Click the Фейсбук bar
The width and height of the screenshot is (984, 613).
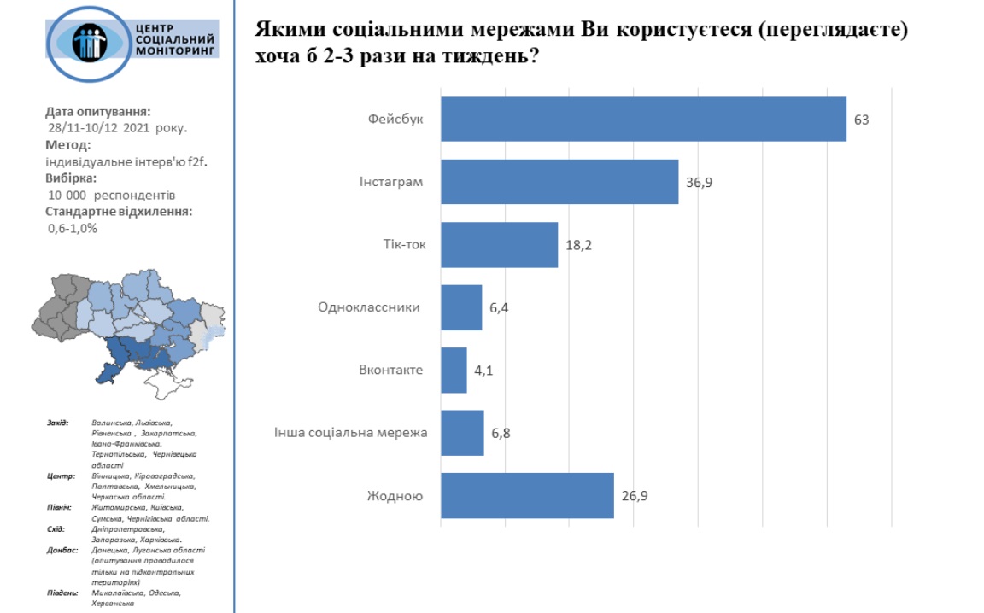pos(643,119)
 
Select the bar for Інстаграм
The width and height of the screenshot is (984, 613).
pos(559,182)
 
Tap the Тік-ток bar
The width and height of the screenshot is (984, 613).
pos(499,245)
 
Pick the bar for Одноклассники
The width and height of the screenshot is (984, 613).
pos(461,307)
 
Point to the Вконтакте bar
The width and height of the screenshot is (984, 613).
pos(454,371)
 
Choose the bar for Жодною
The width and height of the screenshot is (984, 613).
pos(527,495)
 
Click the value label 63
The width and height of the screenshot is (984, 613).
pos(861,120)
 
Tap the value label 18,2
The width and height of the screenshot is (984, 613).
pos(578,245)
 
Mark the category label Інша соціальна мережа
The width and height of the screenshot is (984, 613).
pos(350,433)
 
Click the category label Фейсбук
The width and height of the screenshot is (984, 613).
pos(398,120)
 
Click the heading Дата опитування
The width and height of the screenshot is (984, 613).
pos(98,111)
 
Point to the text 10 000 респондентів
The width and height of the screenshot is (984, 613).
pos(112,195)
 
